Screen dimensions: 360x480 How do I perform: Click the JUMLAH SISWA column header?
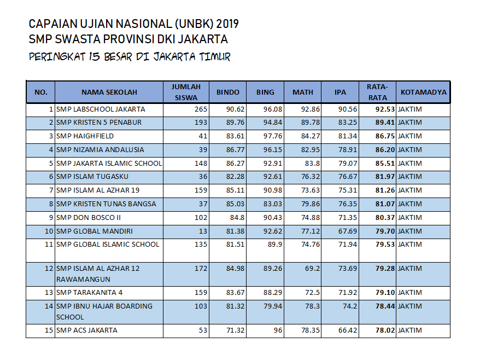[186, 92]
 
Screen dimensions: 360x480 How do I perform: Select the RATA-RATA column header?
[377, 92]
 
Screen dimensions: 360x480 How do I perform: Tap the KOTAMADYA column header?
[424, 92]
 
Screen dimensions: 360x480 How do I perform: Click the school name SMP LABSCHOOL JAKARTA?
[101, 109]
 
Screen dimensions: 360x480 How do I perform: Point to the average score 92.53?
[385, 109]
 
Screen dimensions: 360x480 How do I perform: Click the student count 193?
[201, 123]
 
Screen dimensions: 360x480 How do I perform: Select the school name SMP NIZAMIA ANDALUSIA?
[100, 150]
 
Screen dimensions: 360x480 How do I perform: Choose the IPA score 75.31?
[348, 190]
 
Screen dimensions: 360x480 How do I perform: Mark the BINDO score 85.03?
[236, 204]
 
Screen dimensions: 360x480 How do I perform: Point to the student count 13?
[203, 231]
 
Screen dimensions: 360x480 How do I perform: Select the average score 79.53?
[385, 245]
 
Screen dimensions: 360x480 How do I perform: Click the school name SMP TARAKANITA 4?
[89, 293]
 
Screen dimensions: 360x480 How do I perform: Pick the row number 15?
[49, 330]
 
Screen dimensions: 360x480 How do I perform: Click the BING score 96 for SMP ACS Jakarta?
[277, 330]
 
